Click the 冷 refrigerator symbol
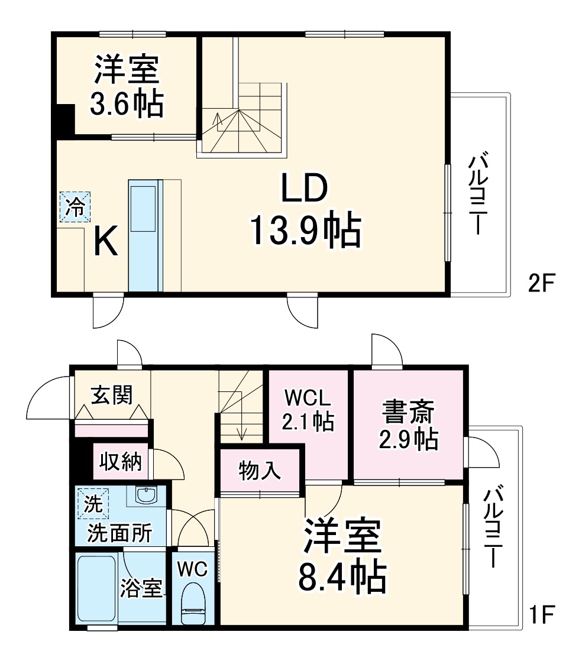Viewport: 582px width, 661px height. [x=75, y=207]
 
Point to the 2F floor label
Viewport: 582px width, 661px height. [x=540, y=284]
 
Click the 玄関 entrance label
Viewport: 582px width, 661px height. [x=111, y=394]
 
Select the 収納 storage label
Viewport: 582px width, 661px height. [x=120, y=462]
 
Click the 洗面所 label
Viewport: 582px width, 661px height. [x=119, y=533]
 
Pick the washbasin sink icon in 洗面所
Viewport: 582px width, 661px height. [x=145, y=494]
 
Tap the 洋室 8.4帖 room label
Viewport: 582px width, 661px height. [x=341, y=555]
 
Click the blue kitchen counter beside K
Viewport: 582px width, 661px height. [x=145, y=236]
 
